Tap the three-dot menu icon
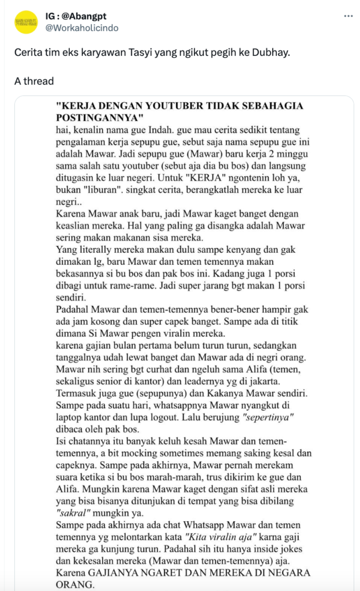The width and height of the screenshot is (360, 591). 348,16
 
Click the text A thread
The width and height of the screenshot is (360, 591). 34,81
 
